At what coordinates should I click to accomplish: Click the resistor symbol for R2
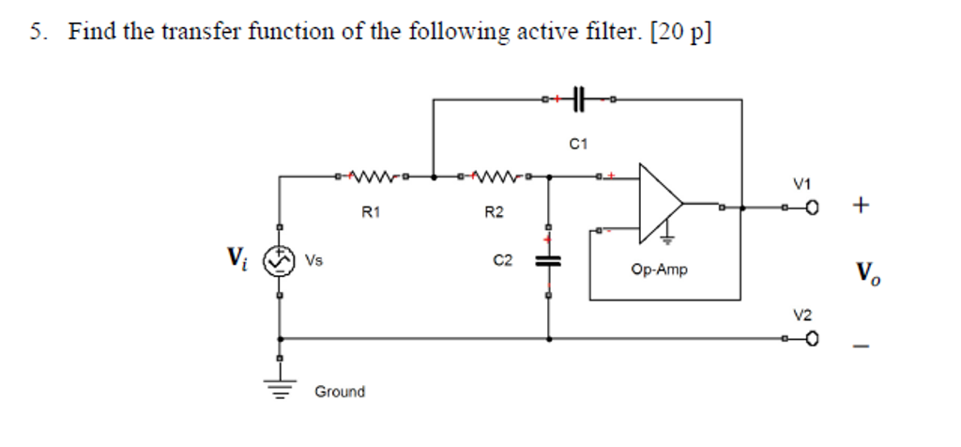tap(494, 175)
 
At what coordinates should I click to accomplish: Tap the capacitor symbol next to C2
tap(548, 261)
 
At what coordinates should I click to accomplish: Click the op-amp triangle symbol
tap(661, 202)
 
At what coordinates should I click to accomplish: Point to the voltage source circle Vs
tap(279, 262)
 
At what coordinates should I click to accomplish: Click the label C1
tap(578, 144)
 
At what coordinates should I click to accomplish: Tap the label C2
tap(503, 260)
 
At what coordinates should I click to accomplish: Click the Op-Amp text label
tap(660, 270)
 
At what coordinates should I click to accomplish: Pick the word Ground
tap(340, 392)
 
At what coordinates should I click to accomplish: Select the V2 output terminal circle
tap(813, 339)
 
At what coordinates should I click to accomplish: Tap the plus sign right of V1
tap(862, 203)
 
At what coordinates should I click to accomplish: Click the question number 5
tap(36, 32)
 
